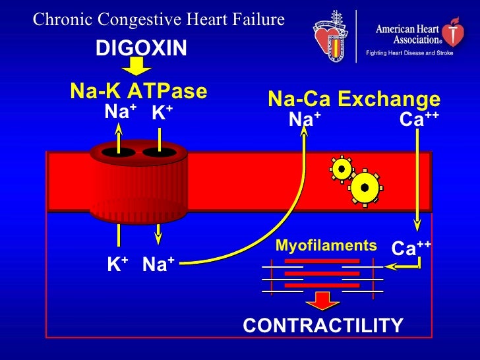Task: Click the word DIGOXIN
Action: pos(141,47)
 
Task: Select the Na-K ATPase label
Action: pos(138,91)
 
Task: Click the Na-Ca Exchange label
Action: pos(353,100)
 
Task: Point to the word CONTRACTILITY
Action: pos(323,325)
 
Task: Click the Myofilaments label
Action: pos(326,246)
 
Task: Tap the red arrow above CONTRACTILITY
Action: pos(322,300)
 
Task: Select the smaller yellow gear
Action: pos(341,169)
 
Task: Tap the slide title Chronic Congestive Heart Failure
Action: pos(159,20)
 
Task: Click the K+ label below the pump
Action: pos(117,264)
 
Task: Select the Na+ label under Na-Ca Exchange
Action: pos(305,119)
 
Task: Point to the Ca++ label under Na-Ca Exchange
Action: pos(419,119)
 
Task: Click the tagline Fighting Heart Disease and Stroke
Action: pos(409,53)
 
